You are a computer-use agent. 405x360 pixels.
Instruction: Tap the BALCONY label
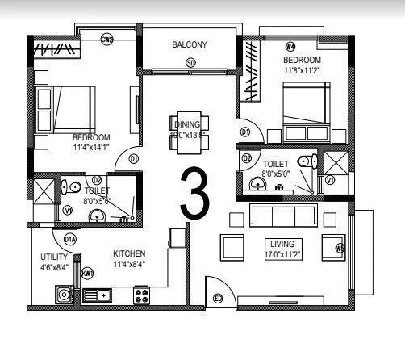(190, 45)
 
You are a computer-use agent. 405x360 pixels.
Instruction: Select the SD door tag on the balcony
(190, 63)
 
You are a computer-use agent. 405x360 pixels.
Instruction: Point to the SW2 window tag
(106, 38)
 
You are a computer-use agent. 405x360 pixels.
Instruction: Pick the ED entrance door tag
(217, 299)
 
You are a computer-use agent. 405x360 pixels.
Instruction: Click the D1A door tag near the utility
(69, 239)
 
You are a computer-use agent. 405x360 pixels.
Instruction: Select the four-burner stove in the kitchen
(143, 295)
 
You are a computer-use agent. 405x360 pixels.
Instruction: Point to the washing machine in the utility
(63, 295)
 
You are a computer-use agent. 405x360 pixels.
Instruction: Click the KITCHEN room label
(129, 253)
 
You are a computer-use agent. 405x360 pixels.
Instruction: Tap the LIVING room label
(282, 243)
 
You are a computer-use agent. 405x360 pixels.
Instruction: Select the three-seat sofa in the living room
(283, 216)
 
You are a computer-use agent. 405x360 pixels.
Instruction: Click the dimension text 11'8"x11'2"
(303, 71)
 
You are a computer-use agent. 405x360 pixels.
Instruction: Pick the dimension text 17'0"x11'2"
(282, 253)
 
